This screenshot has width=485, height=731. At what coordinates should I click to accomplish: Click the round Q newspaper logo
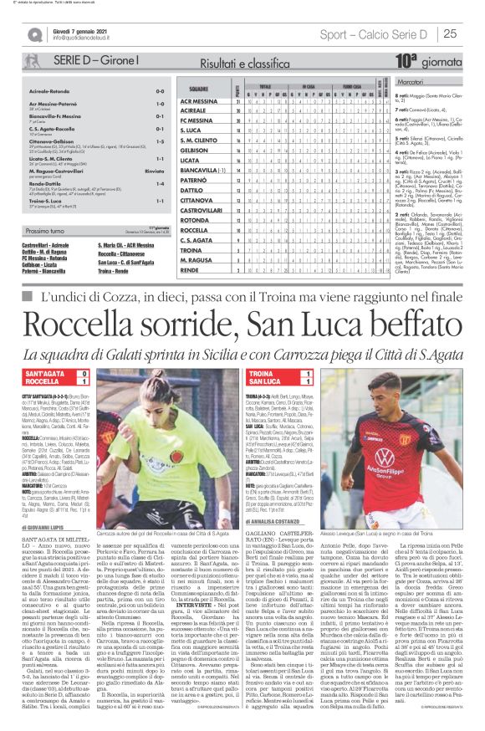34,34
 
